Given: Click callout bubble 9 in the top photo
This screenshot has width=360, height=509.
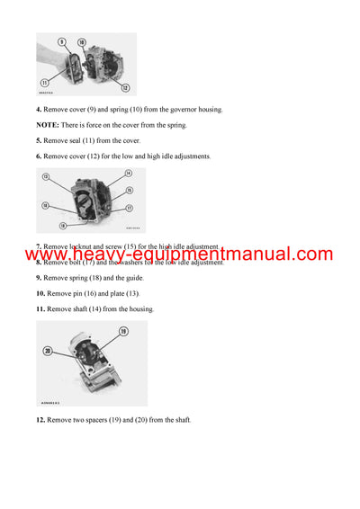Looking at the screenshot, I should (x=62, y=41).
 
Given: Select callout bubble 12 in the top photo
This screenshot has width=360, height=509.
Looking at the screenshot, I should (x=125, y=87).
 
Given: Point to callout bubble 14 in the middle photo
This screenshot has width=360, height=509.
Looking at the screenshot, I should (x=129, y=174).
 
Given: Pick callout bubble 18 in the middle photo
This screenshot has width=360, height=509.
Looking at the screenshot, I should (x=62, y=226).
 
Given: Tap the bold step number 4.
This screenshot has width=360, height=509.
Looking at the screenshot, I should (x=39, y=110).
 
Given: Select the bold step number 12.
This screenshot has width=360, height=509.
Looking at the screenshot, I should (x=40, y=420).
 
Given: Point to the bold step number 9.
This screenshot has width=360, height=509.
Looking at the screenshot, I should (x=39, y=278).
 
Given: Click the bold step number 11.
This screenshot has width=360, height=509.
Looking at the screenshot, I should (x=40, y=308).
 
